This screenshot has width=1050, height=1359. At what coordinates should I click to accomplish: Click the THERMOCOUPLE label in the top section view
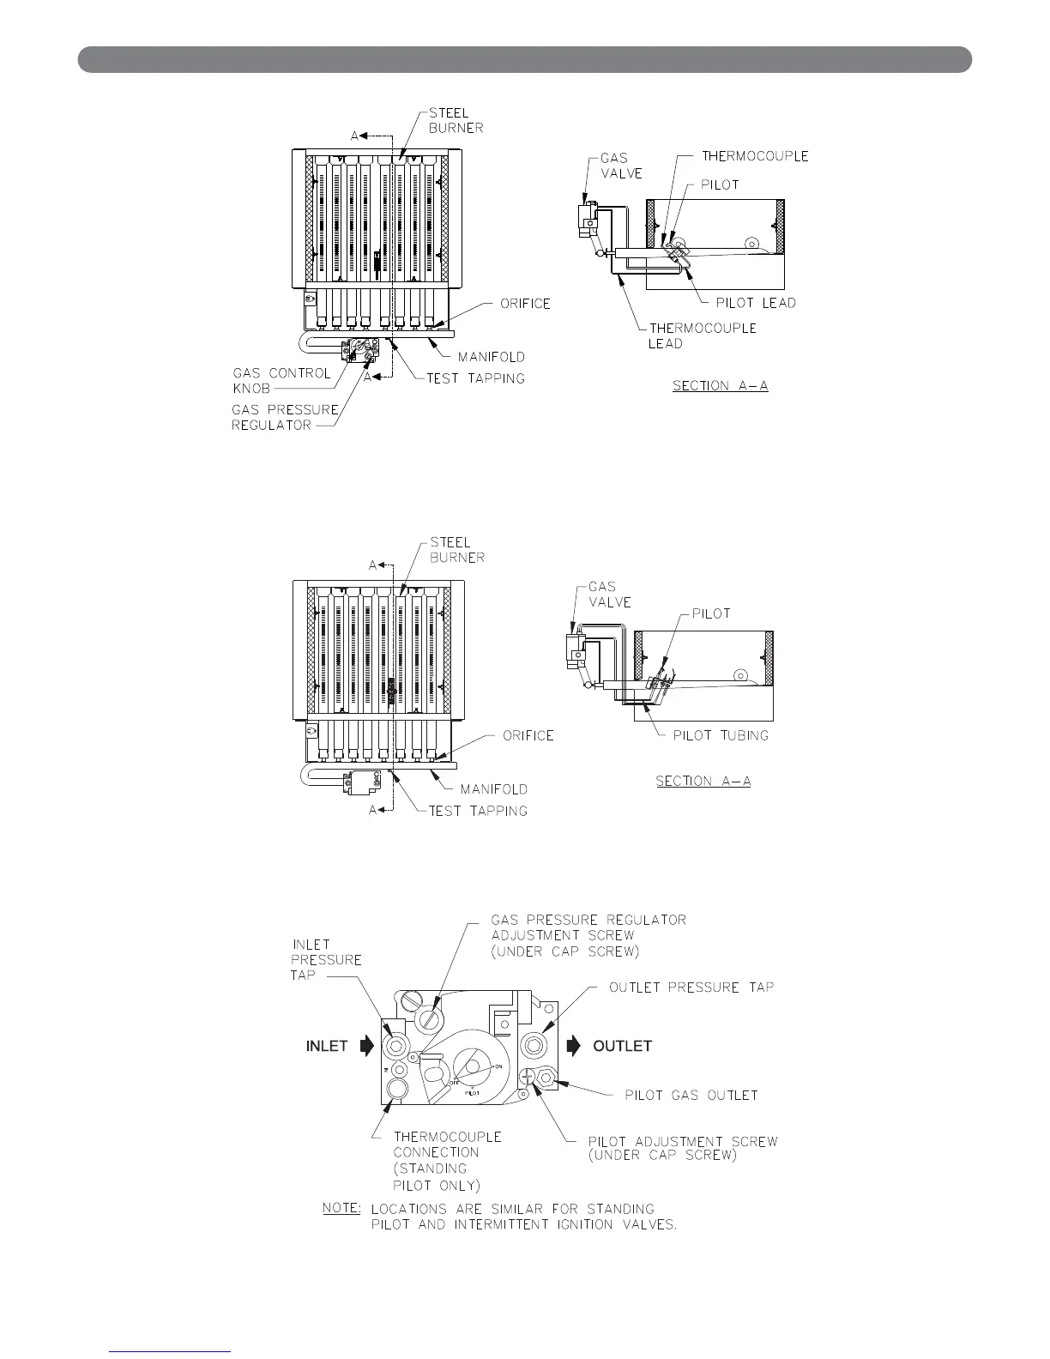tap(755, 156)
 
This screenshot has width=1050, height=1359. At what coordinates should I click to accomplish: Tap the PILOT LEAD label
tap(756, 303)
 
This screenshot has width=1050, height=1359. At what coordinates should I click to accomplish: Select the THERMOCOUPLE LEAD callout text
tap(703, 335)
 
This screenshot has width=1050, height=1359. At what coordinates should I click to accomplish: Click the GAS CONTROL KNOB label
tap(281, 380)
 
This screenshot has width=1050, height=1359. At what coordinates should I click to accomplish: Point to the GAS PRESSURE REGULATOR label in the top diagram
tap(285, 417)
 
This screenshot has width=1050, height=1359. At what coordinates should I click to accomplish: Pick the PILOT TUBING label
tap(721, 735)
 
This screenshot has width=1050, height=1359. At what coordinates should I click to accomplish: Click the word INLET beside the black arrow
tap(327, 1046)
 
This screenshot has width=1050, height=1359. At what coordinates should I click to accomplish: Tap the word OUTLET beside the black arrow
tap(623, 1046)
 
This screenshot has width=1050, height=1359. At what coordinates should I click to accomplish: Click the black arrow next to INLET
tap(368, 1046)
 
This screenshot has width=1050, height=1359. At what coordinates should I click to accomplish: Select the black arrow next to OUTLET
tap(573, 1046)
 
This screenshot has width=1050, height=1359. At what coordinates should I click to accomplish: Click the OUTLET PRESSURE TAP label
tap(691, 988)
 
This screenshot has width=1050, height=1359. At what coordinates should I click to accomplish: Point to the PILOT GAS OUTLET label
tap(691, 1096)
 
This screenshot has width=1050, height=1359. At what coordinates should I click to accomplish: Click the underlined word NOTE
tap(341, 1207)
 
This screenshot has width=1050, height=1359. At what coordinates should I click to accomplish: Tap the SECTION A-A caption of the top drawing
tap(720, 386)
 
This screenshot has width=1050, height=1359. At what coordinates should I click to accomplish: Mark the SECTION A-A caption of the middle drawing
tap(703, 781)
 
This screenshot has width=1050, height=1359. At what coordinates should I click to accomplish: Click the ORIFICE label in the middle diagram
tap(528, 735)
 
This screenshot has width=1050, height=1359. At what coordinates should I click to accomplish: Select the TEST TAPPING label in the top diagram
tap(475, 378)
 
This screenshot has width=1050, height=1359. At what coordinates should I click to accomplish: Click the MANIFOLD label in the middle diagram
tap(492, 789)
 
